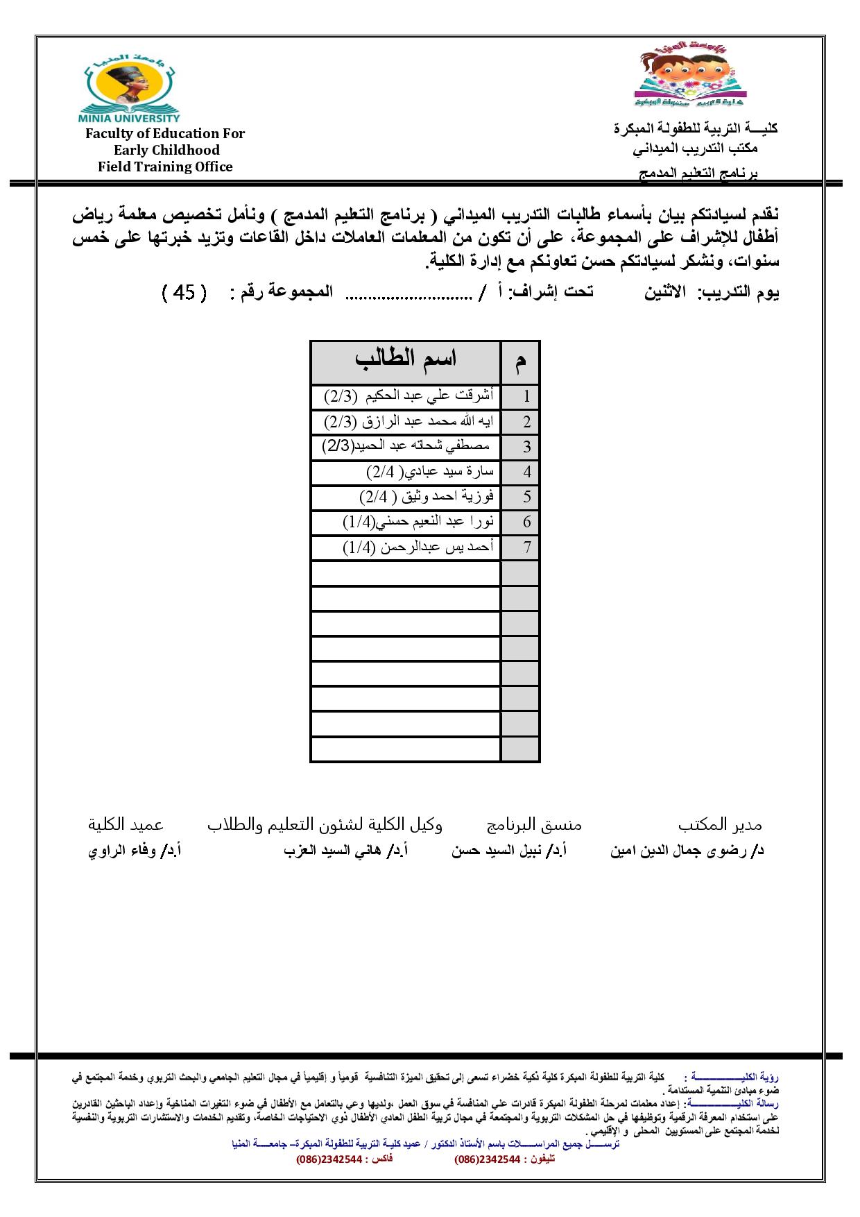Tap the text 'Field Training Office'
coord(165,167)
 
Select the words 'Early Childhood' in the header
coord(166,150)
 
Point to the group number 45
coord(184,293)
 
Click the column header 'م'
coord(520,362)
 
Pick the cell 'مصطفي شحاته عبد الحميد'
coord(406,446)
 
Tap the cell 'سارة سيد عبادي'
coord(430,472)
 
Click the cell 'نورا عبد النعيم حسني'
coord(418,522)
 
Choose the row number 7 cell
coord(527,547)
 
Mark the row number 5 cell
coord(527,497)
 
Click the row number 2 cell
coord(527,422)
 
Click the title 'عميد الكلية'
coord(126,824)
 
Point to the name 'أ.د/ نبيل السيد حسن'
coord(509,851)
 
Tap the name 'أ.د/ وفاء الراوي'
coord(135,851)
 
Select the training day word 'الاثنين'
coord(664,293)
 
